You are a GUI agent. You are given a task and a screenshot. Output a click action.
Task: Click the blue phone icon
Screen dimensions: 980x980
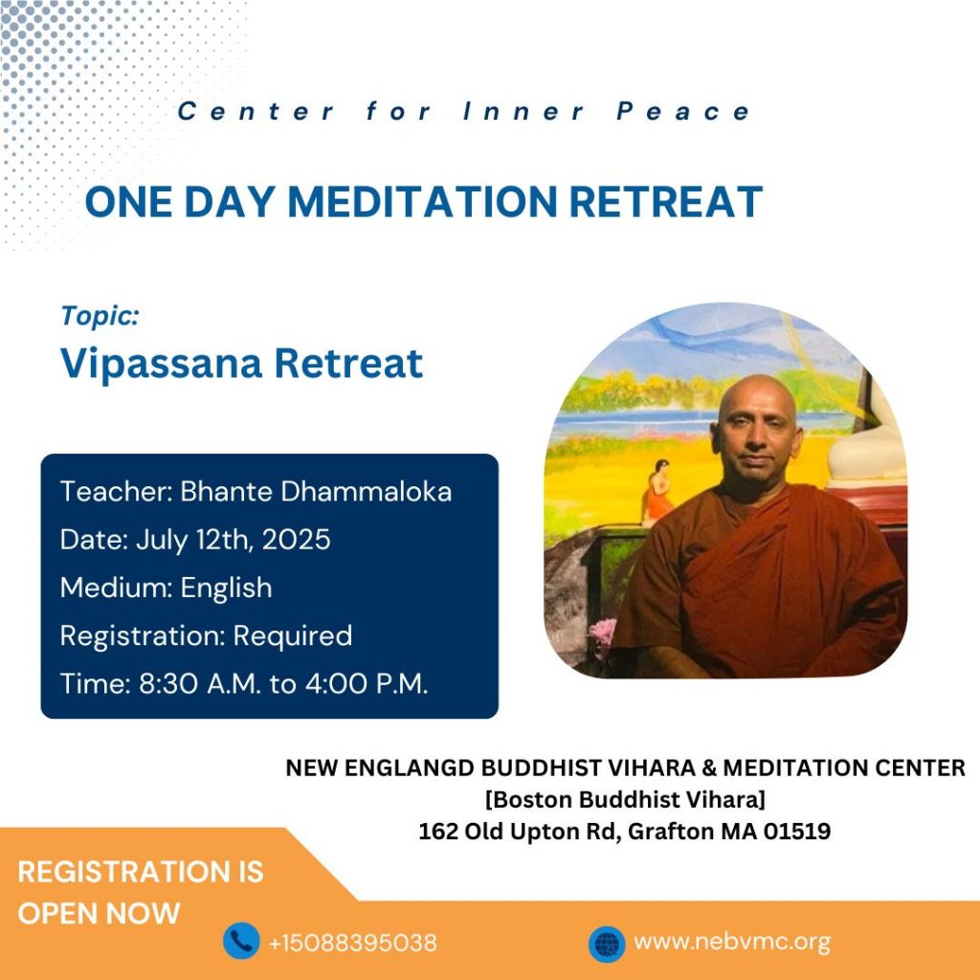coord(241,941)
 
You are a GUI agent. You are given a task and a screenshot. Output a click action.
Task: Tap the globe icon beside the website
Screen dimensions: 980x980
coord(607,943)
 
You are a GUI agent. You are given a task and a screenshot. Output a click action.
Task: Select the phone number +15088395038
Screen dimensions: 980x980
coord(352,943)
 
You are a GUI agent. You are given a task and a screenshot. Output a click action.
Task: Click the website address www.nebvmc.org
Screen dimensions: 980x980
coord(732,942)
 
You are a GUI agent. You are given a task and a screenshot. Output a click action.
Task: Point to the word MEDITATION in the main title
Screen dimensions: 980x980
coord(422,202)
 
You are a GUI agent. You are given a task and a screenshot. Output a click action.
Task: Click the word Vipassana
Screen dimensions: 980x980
coord(161,364)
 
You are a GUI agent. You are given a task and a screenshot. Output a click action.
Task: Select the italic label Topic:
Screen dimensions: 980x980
coord(100,316)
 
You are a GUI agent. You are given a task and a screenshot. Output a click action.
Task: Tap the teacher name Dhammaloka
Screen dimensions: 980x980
coord(366,491)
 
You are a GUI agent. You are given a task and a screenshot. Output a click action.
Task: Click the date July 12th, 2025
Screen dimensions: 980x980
coord(234,540)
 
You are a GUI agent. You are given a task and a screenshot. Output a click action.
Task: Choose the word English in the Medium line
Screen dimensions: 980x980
coord(226,589)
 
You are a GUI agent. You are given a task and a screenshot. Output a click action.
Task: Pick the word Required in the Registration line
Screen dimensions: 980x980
coord(293,636)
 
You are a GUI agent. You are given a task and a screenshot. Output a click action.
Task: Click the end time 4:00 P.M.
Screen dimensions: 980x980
coord(367,683)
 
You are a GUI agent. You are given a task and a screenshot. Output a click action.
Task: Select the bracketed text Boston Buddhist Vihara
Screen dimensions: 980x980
coord(625,799)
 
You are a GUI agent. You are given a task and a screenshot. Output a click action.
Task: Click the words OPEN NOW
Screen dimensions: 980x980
coord(99,913)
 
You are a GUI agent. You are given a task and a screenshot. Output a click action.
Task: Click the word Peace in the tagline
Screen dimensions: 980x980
coord(683,111)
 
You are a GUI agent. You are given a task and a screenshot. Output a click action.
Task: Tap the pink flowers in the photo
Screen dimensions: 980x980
coord(603,633)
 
